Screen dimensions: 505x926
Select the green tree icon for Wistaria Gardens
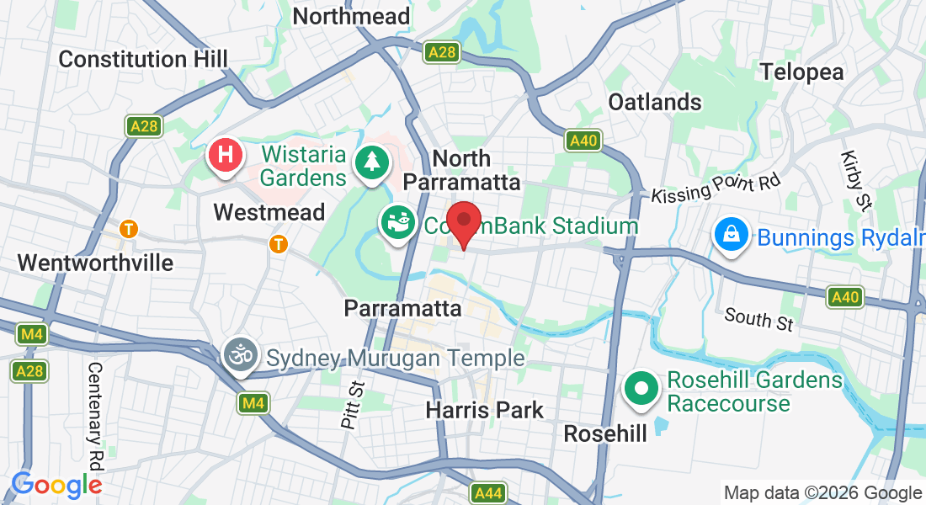370,159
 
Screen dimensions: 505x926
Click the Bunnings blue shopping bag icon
732,235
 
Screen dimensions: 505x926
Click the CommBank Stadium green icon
396,223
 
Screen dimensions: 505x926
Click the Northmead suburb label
351,16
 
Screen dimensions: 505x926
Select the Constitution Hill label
144,59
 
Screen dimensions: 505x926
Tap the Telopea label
801,72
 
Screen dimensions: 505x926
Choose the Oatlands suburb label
655,102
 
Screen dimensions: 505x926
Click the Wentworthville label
95,263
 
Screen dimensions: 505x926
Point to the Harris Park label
485,410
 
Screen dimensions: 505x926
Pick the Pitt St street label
351,405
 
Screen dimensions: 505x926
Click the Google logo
56,485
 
